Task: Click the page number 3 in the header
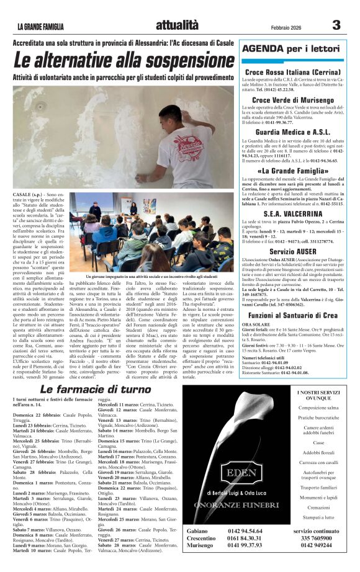point(336,25)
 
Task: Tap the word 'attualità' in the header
point(178,25)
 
